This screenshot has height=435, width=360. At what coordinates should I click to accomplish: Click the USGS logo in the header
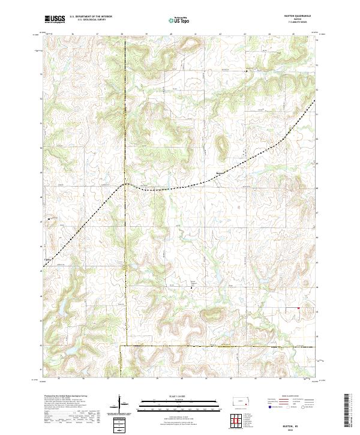click(55, 19)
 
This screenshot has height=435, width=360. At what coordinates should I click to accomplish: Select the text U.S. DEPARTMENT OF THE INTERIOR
click(90, 17)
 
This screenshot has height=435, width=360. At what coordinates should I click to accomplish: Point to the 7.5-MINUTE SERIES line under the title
click(301, 23)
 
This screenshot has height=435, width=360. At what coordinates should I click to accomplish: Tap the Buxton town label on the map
click(222, 175)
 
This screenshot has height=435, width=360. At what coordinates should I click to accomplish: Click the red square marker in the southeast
click(298, 309)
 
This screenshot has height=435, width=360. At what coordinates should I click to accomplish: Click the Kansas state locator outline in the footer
click(242, 403)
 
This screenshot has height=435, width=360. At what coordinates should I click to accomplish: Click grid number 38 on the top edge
click(122, 34)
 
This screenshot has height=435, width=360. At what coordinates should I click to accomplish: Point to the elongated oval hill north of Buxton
click(222, 145)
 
